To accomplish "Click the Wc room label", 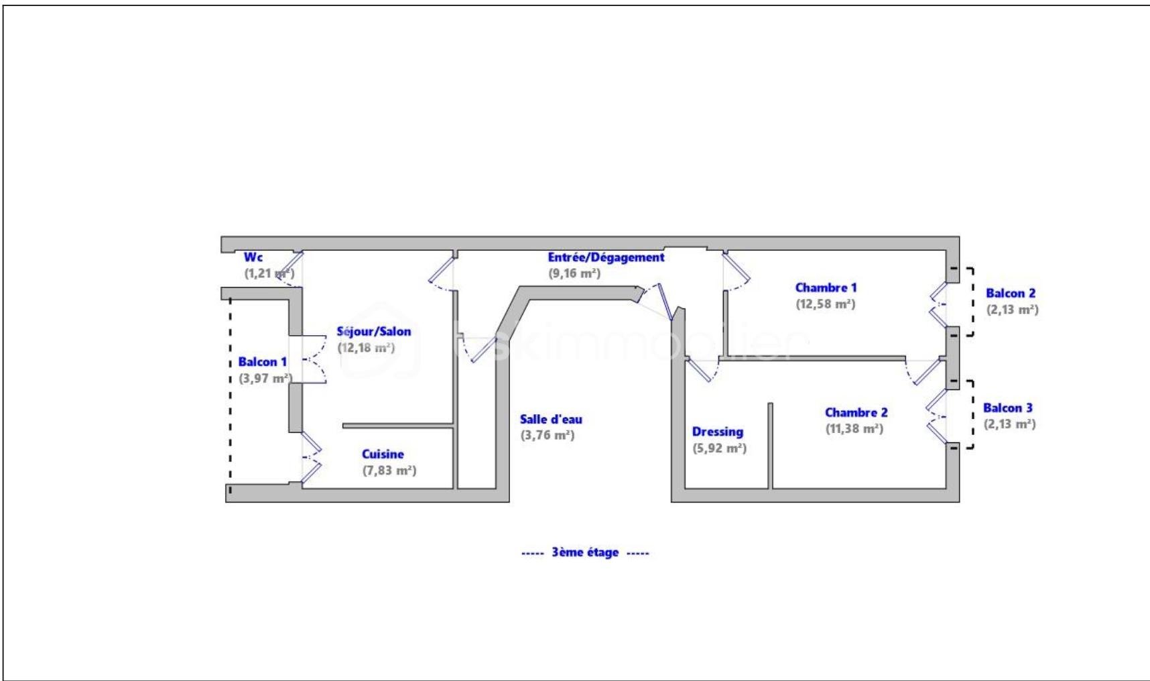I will point(253,257).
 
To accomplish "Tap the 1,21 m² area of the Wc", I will point(269,273).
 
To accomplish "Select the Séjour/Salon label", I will point(373,331).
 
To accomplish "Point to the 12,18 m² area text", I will point(366,348).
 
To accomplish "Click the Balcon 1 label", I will point(262,362).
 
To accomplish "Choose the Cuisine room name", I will point(383,454).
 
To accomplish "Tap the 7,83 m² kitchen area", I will point(389,471).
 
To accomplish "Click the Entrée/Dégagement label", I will point(606,257).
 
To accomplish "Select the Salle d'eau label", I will point(551,420).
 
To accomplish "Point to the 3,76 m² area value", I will point(548,436).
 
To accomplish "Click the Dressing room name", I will point(717,432).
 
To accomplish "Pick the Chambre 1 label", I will point(826,288).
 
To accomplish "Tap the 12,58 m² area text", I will point(826,304).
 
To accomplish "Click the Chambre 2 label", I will point(856,413).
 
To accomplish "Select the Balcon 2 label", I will point(1010,294).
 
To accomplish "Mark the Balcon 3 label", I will point(1007,408).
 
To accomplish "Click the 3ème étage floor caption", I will point(585,553).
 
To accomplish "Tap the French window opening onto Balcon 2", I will point(938,304).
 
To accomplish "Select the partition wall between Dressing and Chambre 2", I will point(770,446).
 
